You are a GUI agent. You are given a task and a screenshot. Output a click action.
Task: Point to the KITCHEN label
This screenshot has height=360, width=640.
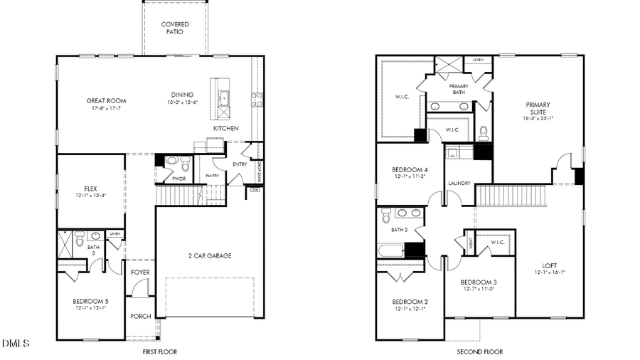(x=225, y=128)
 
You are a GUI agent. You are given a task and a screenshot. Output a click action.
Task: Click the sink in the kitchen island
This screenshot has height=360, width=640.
(x=223, y=97)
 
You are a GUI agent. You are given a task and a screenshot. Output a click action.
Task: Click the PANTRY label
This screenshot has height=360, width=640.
(x=212, y=175)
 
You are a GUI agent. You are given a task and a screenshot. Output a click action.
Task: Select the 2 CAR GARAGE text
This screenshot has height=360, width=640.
(x=210, y=255)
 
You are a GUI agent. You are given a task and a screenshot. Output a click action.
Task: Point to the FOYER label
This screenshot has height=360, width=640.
(x=141, y=272)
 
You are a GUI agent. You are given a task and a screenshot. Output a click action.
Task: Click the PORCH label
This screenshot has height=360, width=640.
(x=141, y=316)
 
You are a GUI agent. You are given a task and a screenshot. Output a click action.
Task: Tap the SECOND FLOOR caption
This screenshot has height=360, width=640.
(x=479, y=351)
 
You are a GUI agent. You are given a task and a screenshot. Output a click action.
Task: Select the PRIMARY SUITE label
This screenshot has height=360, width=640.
(x=538, y=109)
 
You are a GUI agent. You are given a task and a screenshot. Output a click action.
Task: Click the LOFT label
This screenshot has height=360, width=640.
(x=549, y=265)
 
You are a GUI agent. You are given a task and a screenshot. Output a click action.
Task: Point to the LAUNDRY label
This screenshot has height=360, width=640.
(x=459, y=184)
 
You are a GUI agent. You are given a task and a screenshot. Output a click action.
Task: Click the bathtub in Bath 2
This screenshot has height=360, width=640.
(x=391, y=250)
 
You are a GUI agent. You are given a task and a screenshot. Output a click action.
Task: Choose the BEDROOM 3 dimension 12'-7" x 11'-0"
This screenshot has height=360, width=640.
(x=478, y=288)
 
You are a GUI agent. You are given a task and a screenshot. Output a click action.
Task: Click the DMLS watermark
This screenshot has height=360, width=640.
(x=16, y=344)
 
